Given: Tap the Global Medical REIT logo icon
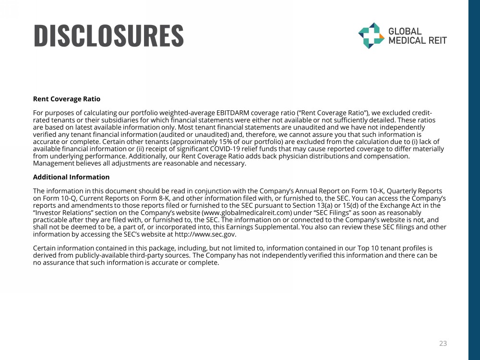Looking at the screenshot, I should tap(371, 36).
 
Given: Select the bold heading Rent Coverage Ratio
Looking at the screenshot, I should tap(67, 99).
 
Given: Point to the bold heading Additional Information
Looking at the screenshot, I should tap(71, 177).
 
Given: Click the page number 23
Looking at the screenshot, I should tap(443, 343).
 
